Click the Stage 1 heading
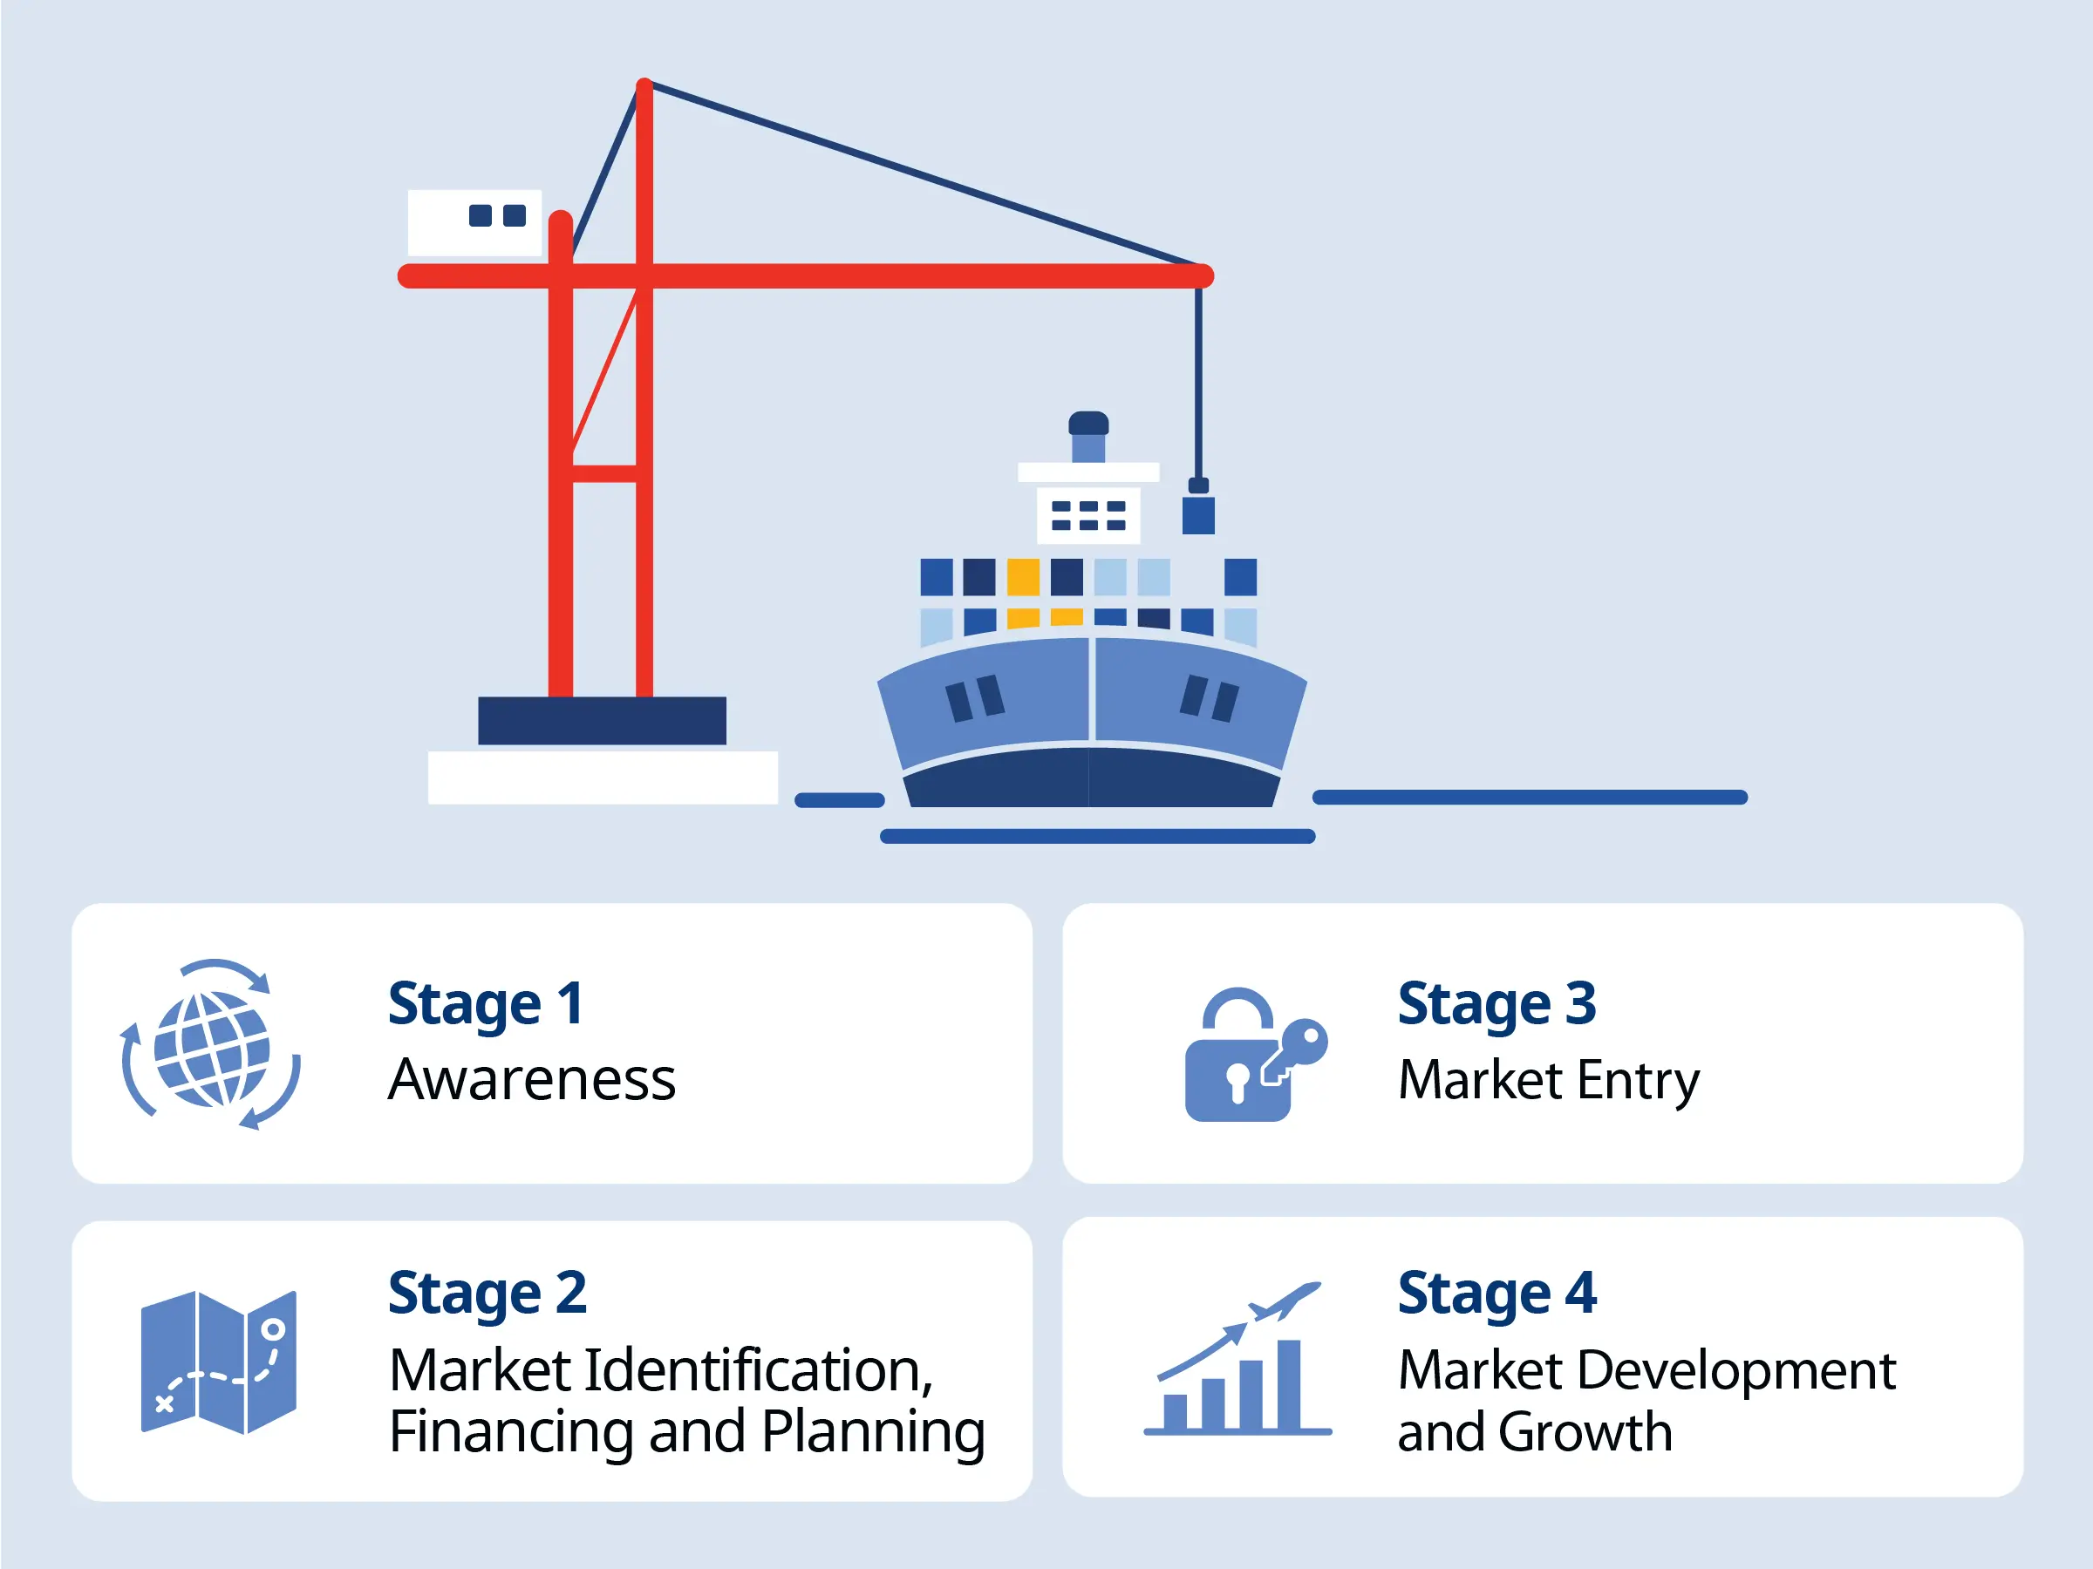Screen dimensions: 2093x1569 (x=486, y=1003)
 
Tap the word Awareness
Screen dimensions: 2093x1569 (x=532, y=1079)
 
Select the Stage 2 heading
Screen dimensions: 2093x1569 (x=487, y=1294)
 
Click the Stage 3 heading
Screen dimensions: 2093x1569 (x=1496, y=1003)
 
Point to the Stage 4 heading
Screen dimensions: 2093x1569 (x=1496, y=1294)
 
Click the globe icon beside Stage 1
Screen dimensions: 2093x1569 (x=211, y=1046)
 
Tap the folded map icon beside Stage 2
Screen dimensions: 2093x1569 (x=219, y=1362)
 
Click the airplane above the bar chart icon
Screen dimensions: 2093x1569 (x=1285, y=1301)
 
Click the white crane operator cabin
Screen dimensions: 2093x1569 (x=475, y=223)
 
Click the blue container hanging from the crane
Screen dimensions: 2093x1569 (x=1199, y=515)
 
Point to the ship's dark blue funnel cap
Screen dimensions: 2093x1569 (x=1089, y=423)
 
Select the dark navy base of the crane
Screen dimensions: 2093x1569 (x=603, y=722)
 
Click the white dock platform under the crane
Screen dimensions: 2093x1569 (x=603, y=778)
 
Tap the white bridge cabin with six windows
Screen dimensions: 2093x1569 (x=1089, y=515)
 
